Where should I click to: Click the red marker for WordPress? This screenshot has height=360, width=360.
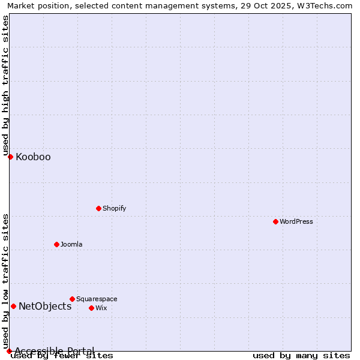[275, 221]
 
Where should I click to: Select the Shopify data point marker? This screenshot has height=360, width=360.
[98, 208]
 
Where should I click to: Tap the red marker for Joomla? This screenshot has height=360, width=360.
[56, 244]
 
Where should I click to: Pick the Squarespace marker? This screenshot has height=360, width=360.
[72, 299]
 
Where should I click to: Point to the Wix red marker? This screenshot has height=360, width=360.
[91, 308]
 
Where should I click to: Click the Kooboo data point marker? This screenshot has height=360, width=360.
[10, 157]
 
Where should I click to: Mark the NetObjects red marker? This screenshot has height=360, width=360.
[13, 306]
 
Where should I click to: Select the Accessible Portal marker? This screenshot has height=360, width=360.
[9, 351]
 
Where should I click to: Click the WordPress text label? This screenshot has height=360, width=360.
[296, 221]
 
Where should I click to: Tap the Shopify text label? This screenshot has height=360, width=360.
[114, 208]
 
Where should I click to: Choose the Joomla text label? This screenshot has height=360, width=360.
[71, 244]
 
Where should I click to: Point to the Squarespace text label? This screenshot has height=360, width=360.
[97, 299]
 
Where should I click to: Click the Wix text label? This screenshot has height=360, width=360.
[101, 308]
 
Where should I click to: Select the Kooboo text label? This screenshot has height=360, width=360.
[33, 157]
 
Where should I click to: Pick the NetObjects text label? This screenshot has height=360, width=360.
[45, 307]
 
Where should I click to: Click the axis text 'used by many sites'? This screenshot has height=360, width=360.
[301, 356]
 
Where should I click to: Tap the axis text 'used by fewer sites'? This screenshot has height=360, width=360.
[62, 356]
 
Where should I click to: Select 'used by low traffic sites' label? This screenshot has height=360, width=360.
[5, 281]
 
